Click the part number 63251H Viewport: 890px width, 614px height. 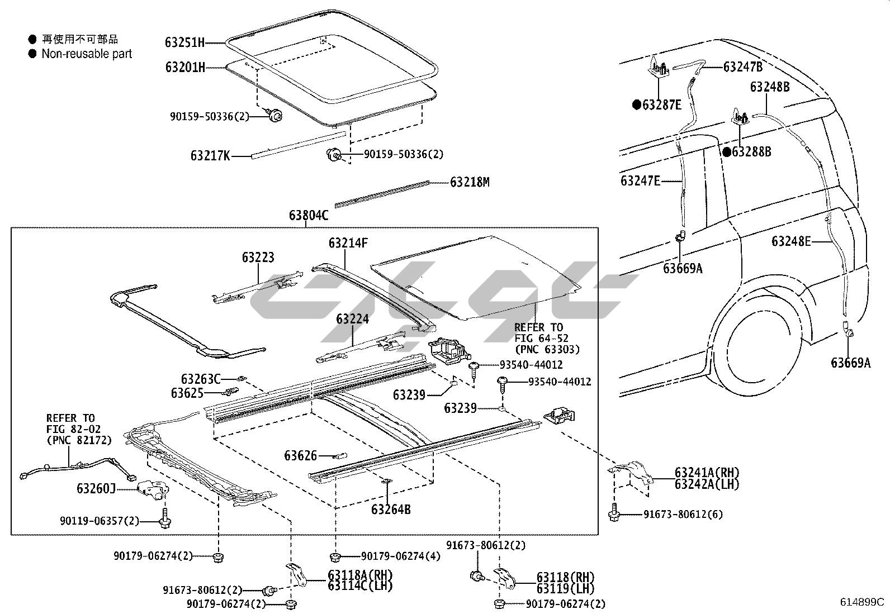coord(184,42)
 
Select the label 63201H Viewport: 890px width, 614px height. coord(184,68)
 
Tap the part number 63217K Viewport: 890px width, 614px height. coord(210,156)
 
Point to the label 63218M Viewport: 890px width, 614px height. coord(470,182)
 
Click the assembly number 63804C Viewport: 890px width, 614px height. coord(308,216)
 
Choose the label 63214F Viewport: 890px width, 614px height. coord(348,243)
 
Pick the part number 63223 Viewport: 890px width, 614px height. coord(258,258)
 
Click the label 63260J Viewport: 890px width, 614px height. coord(96,489)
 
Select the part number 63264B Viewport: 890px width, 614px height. coord(391,510)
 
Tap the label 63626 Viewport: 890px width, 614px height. coord(300,456)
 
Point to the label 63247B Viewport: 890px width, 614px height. coord(743,67)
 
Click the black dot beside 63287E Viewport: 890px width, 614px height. coord(636,104)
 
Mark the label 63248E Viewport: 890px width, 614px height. coord(791,241)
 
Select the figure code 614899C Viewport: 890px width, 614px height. coord(861,602)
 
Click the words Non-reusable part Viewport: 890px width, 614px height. coord(87,54)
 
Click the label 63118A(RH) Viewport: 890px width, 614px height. coord(360,575)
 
